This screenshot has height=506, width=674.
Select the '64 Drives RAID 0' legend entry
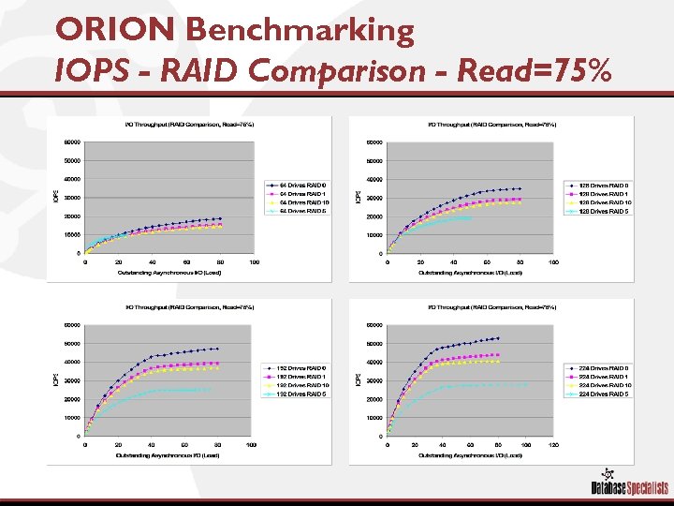tap(297, 184)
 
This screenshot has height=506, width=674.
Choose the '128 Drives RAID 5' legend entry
tap(599, 211)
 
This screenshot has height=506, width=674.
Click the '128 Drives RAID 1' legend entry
tap(598, 193)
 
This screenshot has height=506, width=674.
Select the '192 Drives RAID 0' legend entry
tap(297, 367)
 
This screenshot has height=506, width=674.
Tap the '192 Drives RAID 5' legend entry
tap(297, 394)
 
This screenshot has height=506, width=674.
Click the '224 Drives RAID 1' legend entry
tap(599, 376)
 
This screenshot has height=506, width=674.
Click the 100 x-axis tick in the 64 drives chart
tap(255, 262)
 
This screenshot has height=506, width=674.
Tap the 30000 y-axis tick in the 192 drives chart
tap(70, 380)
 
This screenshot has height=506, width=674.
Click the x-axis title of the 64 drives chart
tap(169, 273)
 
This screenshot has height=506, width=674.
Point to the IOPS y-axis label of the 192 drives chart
tap(53, 379)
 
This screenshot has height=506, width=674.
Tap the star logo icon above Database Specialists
tap(610, 474)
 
